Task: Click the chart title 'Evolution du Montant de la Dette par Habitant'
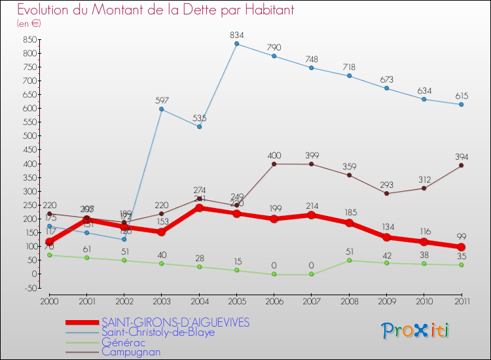tap(155, 10)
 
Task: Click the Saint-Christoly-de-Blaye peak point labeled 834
tap(236, 44)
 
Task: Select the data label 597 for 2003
tap(162, 100)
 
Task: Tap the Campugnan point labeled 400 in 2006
tap(274, 164)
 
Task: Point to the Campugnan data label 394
tap(462, 156)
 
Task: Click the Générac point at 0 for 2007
tap(311, 274)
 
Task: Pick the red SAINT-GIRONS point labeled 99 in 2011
tap(462, 247)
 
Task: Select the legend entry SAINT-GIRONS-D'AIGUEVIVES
tap(175, 322)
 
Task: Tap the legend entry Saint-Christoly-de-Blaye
tap(158, 332)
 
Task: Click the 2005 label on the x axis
tap(236, 301)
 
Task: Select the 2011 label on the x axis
tap(462, 301)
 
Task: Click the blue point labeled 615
tap(462, 105)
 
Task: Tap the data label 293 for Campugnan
tap(386, 184)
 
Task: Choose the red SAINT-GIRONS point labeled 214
tap(311, 215)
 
